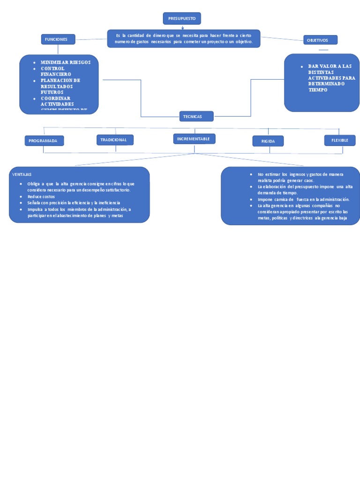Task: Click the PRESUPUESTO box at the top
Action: click(x=182, y=18)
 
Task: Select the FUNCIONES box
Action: click(x=58, y=39)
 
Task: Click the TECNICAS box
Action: click(x=196, y=116)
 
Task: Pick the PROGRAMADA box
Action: click(x=44, y=141)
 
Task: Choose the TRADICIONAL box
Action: click(x=115, y=140)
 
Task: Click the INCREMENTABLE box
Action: click(x=194, y=139)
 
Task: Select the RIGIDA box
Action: click(x=268, y=141)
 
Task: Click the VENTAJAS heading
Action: click(x=22, y=174)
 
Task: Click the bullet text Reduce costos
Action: click(x=41, y=196)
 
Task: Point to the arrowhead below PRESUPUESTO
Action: click(x=182, y=28)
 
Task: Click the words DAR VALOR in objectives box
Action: click(x=323, y=67)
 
